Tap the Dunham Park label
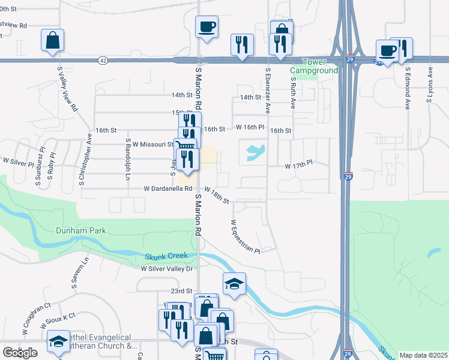(80, 230)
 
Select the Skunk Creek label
(166, 256)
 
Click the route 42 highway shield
(103, 60)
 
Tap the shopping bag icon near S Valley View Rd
(53, 40)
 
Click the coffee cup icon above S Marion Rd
(206, 27)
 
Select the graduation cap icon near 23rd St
(234, 284)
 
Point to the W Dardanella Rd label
(167, 188)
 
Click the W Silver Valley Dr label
(166, 269)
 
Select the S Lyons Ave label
(430, 85)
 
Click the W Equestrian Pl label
(245, 236)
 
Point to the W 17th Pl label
(299, 164)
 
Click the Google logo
(20, 353)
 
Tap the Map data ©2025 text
(423, 355)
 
